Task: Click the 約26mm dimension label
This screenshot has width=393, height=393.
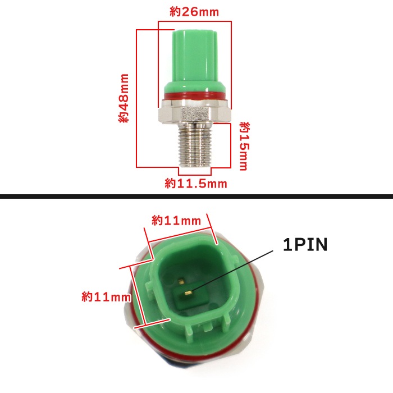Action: [x=194, y=12]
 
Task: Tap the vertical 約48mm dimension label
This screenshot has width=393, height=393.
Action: [x=124, y=98]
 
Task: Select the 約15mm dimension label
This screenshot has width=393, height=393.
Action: [x=244, y=147]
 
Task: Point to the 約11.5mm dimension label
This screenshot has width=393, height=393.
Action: [x=196, y=184]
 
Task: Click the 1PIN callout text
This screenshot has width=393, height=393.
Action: [x=305, y=245]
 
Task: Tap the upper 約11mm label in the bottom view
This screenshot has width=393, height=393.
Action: [x=176, y=221]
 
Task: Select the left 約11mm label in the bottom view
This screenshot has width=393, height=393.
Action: [x=106, y=297]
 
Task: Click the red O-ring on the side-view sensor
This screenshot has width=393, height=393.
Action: [x=195, y=96]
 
